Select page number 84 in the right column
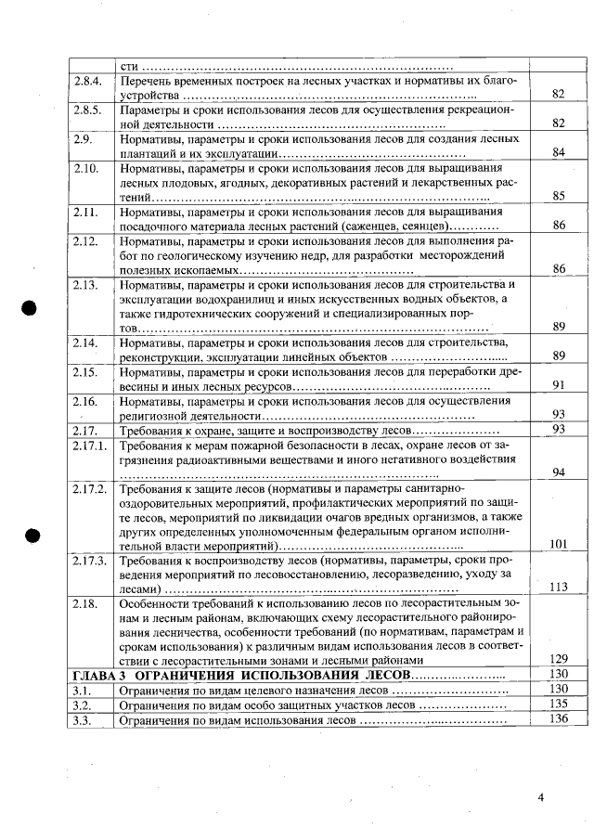(558, 153)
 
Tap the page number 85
(558, 197)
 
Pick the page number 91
(558, 385)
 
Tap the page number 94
(558, 472)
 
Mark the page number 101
(558, 545)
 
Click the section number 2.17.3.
(90, 562)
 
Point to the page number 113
(558, 588)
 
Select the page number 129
(558, 658)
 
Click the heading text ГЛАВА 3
(99, 674)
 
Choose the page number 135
(558, 704)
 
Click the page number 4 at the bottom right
(541, 796)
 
